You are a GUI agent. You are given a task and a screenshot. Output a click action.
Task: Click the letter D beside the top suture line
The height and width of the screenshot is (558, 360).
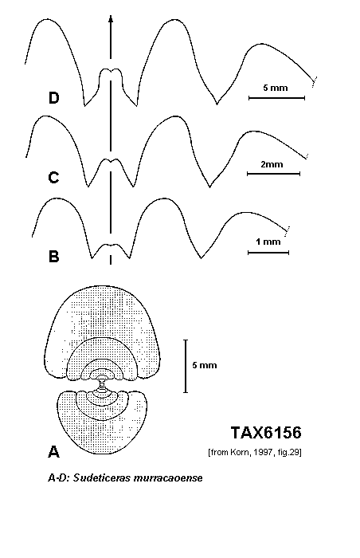pyautogui.click(x=53, y=98)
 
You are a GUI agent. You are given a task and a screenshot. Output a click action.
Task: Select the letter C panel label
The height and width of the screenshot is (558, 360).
pyautogui.click(x=53, y=177)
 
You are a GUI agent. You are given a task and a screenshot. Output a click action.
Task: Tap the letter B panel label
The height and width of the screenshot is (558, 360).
pyautogui.click(x=53, y=256)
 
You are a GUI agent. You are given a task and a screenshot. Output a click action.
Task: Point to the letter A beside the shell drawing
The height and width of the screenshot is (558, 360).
pyautogui.click(x=53, y=452)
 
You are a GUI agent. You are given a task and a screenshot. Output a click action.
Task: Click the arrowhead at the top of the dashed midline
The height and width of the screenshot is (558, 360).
pyautogui.click(x=111, y=19)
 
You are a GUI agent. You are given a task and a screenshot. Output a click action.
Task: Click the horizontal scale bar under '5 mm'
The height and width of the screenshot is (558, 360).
pyautogui.click(x=276, y=98)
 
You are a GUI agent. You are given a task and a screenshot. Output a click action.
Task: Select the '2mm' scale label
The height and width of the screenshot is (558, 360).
pyautogui.click(x=272, y=164)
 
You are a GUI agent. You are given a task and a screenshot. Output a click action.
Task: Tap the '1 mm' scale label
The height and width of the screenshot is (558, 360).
pyautogui.click(x=268, y=242)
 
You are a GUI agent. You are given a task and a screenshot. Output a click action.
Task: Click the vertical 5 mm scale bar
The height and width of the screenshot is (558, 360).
pyautogui.click(x=186, y=366)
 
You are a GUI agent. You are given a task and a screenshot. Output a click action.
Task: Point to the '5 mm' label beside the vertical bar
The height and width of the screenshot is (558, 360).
pyautogui.click(x=205, y=365)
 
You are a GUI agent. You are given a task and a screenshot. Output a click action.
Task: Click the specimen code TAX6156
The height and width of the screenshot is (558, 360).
pyautogui.click(x=266, y=433)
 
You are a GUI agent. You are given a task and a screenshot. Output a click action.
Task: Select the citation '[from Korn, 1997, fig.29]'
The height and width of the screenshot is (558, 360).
pyautogui.click(x=255, y=453)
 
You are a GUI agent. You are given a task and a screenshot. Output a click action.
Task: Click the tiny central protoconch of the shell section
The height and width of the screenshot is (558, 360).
pyautogui.click(x=102, y=383)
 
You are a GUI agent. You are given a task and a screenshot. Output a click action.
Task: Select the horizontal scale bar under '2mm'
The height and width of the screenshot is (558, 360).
pyautogui.click(x=273, y=174)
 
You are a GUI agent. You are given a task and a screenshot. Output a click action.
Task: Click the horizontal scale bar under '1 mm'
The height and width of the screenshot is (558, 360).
pyautogui.click(x=268, y=253)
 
